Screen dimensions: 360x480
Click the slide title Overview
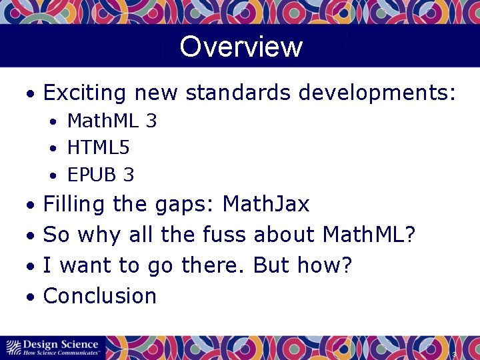tap(241, 47)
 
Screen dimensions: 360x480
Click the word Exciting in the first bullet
tap(85, 93)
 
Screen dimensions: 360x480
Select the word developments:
tap(377, 93)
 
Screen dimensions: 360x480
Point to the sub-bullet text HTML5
tap(99, 148)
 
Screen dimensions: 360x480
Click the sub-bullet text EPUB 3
tap(101, 175)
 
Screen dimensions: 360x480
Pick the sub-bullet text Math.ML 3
tap(112, 121)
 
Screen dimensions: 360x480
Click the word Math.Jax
tap(266, 204)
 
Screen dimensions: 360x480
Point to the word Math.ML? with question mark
tap(369, 235)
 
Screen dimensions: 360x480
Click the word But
tap(272, 265)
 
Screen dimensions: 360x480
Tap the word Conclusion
tap(100, 296)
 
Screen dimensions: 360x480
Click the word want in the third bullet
tap(83, 266)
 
